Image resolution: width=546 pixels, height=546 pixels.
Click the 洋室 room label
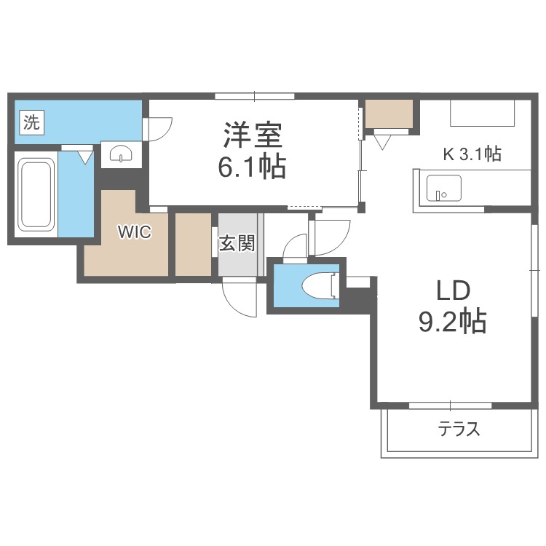click(253, 135)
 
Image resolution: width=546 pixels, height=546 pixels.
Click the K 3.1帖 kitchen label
click(472, 154)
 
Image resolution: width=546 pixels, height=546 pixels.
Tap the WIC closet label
click(135, 233)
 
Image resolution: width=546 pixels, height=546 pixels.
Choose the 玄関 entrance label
click(237, 244)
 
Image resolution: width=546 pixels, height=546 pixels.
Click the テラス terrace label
click(459, 429)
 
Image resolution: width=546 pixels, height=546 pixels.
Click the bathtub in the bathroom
click(36, 194)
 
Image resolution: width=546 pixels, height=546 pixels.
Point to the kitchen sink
click(443, 188)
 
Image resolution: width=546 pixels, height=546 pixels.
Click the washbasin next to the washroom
click(119, 154)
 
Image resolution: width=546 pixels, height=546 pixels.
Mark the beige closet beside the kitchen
click(389, 113)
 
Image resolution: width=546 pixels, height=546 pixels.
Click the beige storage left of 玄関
click(193, 244)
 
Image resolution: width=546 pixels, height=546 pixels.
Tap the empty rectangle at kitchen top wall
click(483, 114)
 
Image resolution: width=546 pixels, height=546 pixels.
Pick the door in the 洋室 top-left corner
click(159, 129)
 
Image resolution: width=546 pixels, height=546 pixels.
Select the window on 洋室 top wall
click(254, 96)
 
